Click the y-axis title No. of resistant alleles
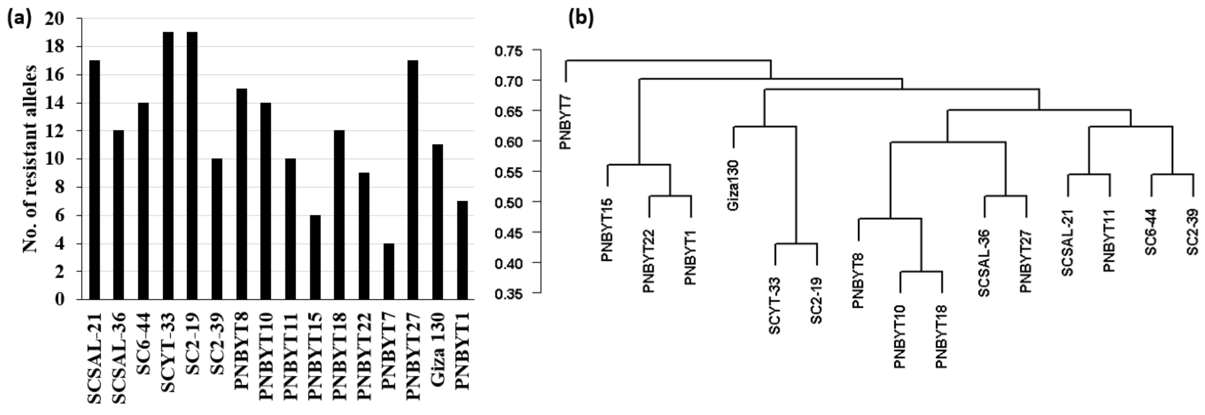coord(30,159)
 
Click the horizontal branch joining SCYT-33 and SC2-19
coord(796,243)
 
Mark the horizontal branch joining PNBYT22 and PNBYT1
coord(670,196)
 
